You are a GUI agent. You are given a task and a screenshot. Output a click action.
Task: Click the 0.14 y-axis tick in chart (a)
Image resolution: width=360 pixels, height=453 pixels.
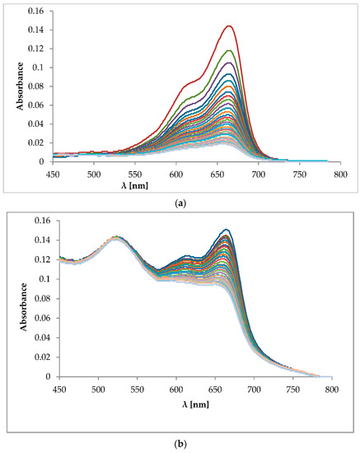(x=36, y=30)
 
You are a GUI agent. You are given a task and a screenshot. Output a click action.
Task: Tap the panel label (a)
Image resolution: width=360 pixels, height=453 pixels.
(x=180, y=199)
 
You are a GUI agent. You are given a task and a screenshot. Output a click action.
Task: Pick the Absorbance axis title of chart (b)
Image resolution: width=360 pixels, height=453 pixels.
(x=10, y=299)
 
